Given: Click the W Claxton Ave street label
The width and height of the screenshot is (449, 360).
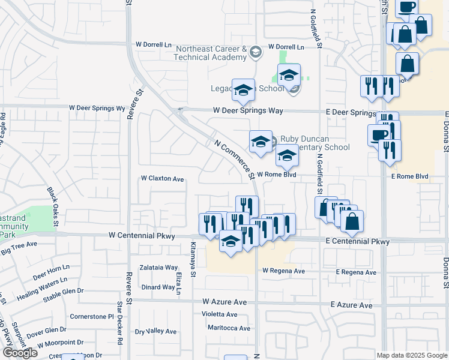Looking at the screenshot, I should coord(162,178).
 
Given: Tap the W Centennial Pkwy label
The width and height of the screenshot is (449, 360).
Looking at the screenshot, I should coord(142,236).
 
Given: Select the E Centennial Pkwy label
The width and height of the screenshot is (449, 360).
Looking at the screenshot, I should coord(358,241).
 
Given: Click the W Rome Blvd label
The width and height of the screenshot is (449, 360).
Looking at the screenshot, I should coord(277,175).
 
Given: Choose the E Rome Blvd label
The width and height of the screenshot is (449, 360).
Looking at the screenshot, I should coord(410,176).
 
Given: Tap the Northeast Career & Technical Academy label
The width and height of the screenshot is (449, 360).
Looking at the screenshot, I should coord(210,53).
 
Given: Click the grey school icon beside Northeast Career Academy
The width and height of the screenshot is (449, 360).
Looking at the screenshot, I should coord(256,53).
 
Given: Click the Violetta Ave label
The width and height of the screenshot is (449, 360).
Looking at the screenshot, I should coord(219,314).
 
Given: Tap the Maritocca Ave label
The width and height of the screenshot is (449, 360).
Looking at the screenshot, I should coord(229,328).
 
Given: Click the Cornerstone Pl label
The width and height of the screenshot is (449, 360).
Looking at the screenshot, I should coord(92,316).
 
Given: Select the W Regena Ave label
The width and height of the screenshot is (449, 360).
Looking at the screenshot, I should coord(283,271).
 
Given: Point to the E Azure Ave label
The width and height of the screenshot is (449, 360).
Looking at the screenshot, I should coord(352,305).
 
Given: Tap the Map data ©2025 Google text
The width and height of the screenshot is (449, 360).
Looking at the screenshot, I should coord(412,355).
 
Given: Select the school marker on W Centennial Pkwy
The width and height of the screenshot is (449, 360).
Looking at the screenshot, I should coord(230,242).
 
